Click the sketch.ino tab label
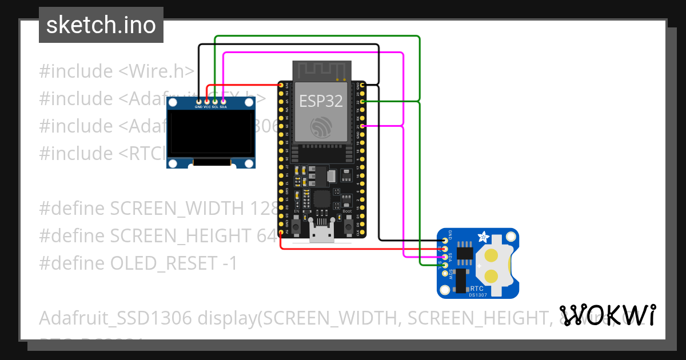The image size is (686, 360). pyautogui.click(x=101, y=25)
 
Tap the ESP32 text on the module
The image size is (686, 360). pyautogui.click(x=321, y=101)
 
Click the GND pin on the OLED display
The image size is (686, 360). pyautogui.click(x=198, y=101)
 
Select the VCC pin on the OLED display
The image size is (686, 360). pyautogui.click(x=207, y=101)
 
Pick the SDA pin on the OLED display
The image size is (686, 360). pyautogui.click(x=223, y=101)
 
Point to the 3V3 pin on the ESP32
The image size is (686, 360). pyautogui.click(x=281, y=85)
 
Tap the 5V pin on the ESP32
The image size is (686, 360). pyautogui.click(x=281, y=233)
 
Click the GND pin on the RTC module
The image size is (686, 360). pyautogui.click(x=445, y=240)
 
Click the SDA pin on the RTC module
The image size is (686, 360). pyautogui.click(x=445, y=257)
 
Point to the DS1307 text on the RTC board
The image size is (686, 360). pyautogui.click(x=478, y=294)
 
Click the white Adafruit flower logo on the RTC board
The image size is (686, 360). pyautogui.click(x=484, y=236)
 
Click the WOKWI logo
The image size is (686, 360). pyautogui.click(x=607, y=315)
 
